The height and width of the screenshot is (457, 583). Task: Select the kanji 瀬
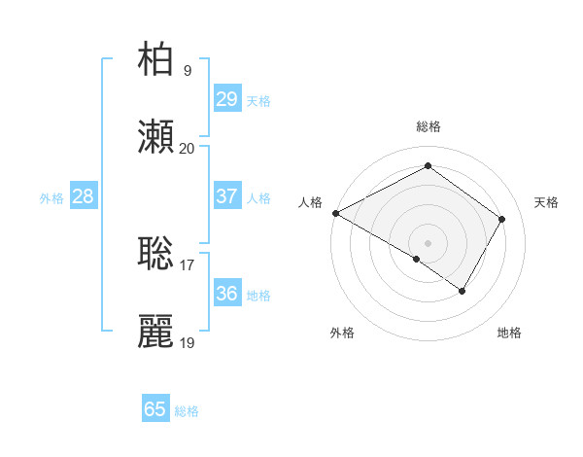[x=156, y=137]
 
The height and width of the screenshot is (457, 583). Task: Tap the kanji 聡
[x=156, y=253]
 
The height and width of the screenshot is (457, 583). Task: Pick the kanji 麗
[x=156, y=332]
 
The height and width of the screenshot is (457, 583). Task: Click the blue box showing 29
[x=226, y=99]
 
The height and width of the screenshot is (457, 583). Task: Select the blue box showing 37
[x=226, y=196]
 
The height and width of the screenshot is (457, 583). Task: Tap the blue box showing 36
[x=226, y=294]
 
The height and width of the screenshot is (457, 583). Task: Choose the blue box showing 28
[x=83, y=196]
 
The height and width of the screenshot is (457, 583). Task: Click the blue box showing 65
[x=155, y=409]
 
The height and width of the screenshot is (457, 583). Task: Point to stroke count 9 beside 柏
[x=188, y=70]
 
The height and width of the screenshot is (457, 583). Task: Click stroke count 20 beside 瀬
[x=188, y=149]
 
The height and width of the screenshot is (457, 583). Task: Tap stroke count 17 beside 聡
[x=188, y=264]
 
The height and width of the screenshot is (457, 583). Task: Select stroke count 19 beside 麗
[x=188, y=343]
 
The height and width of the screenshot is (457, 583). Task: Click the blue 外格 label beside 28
[x=51, y=198]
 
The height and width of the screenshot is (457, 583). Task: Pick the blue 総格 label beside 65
[x=187, y=411]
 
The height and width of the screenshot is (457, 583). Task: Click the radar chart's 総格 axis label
[x=429, y=126]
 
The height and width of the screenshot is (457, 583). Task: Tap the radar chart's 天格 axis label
[x=547, y=202]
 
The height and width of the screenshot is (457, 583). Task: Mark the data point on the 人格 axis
[x=335, y=212]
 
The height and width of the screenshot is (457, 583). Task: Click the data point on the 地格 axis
[x=463, y=291]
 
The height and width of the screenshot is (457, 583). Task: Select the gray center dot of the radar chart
[x=428, y=242]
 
